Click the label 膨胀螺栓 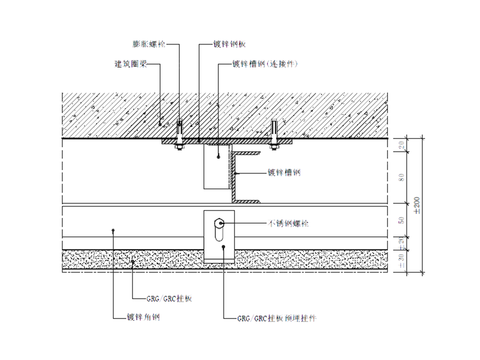tap(147, 45)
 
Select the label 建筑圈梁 tap(132, 63)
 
